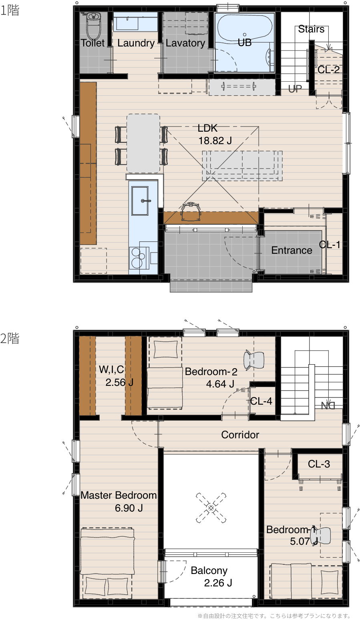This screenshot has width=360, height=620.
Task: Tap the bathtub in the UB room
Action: (x=245, y=28)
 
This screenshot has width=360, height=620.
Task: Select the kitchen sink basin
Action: (x=140, y=201)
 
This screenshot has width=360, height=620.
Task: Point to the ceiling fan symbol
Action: (x=211, y=508)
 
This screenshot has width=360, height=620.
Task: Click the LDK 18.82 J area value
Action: (x=215, y=140)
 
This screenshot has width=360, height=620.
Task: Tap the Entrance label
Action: (x=292, y=250)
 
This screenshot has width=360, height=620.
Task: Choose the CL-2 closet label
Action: (x=328, y=70)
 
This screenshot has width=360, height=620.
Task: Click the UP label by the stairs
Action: (x=295, y=88)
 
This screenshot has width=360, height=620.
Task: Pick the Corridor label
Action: (x=240, y=435)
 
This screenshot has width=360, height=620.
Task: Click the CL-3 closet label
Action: (x=319, y=464)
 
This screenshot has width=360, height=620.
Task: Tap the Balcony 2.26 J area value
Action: (x=218, y=583)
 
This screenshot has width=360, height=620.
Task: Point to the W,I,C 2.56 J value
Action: (x=119, y=382)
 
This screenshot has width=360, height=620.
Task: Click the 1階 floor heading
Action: (x=10, y=10)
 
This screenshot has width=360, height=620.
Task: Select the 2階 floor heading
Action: (x=10, y=338)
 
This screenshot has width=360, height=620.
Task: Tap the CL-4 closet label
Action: (x=261, y=401)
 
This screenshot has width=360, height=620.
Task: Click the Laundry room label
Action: (x=136, y=43)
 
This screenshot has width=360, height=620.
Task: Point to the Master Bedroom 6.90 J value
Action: (x=129, y=508)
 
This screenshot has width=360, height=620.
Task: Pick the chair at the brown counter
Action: (x=190, y=212)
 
